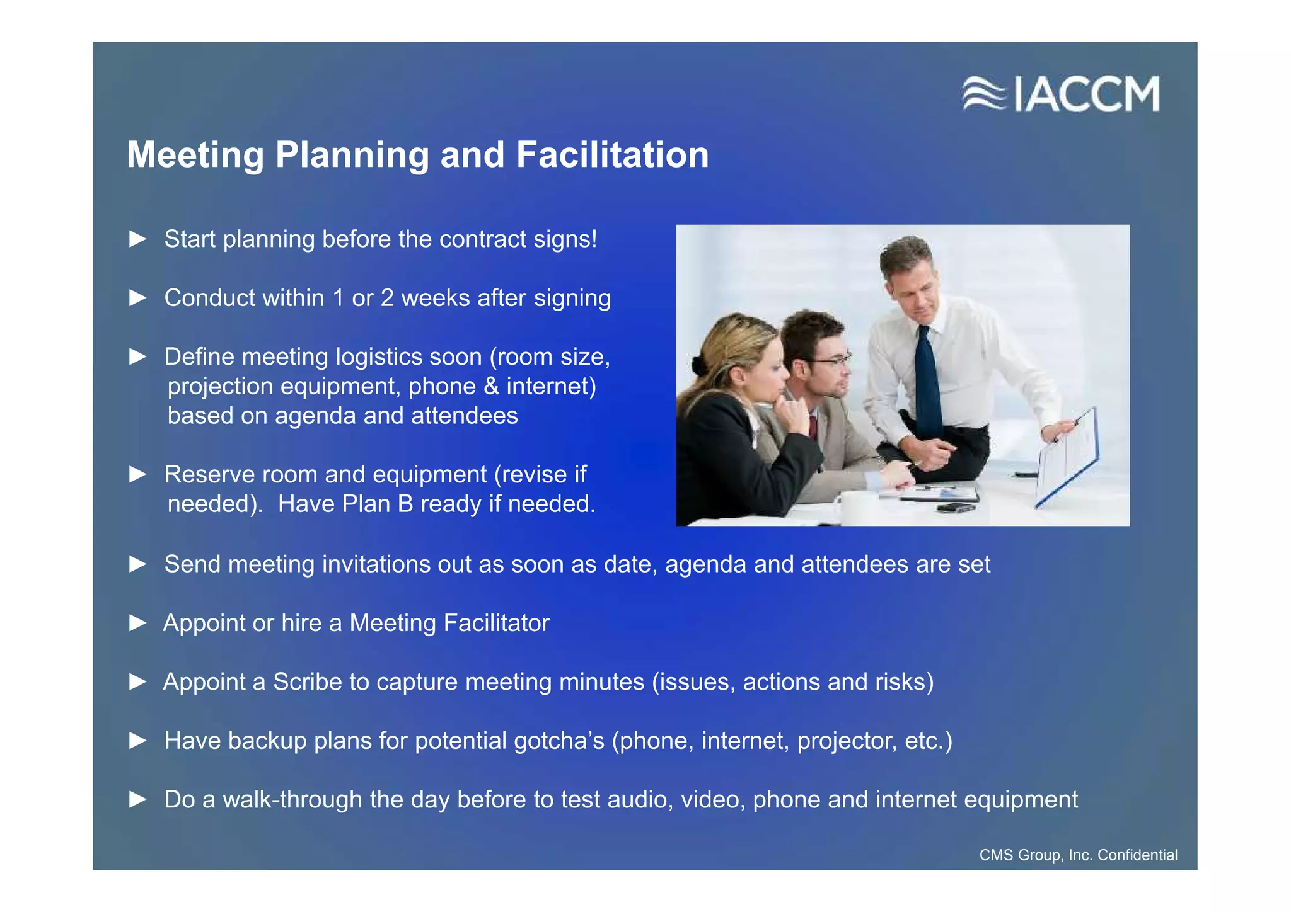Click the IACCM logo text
pos(1087,94)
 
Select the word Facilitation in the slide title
pos(612,155)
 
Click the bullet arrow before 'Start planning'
pos(137,239)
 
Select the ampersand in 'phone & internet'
pos(491,386)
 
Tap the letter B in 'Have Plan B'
pos(405,504)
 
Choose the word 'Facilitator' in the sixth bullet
pos(496,623)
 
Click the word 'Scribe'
pos(307,682)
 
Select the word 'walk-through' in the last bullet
pos(292,799)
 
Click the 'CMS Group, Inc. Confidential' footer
pos(1078,855)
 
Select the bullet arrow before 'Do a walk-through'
pos(137,799)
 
